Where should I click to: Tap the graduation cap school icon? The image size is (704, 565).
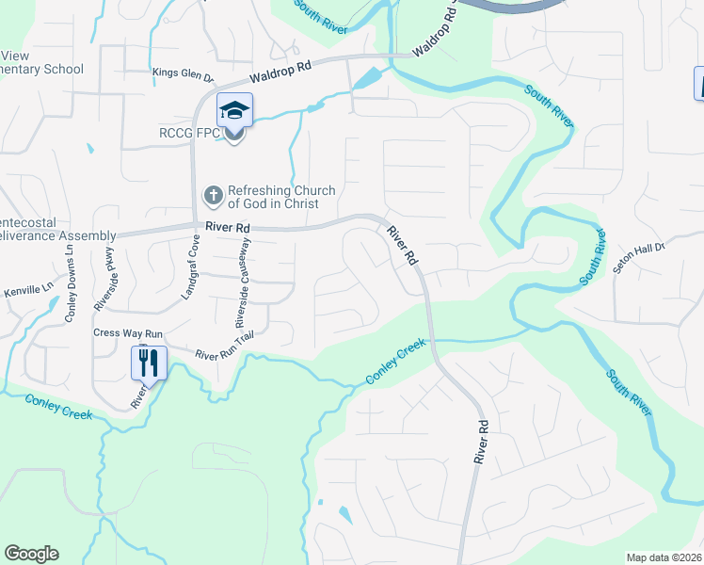click(233, 112)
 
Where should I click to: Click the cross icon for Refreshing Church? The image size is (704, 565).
click(213, 197)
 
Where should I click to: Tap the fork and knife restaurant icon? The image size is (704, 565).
click(149, 361)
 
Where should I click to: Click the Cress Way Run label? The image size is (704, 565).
click(128, 333)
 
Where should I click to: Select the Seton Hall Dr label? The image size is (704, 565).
click(640, 257)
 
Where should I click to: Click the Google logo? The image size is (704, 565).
click(32, 554)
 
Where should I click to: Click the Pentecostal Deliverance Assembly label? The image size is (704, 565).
click(56, 229)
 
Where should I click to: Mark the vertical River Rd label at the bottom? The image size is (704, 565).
click(483, 442)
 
